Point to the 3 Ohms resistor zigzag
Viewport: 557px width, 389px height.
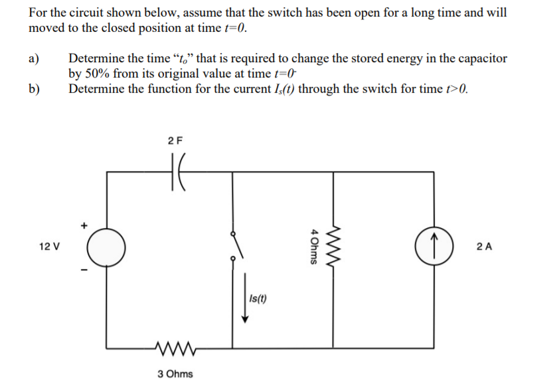point(175,346)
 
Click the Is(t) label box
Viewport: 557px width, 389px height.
point(258,298)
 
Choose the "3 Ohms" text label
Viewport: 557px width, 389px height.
point(175,374)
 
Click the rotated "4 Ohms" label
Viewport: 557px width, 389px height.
point(313,247)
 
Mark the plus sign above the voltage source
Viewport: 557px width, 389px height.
point(84,225)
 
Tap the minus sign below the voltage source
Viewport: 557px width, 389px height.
point(84,270)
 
